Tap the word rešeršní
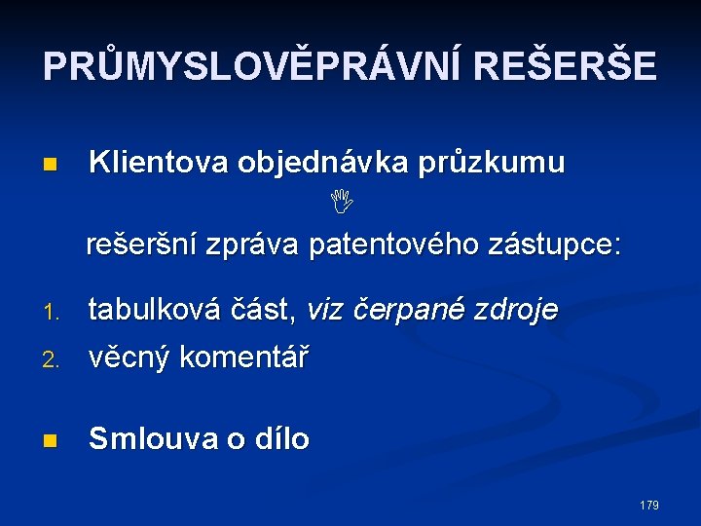(x=144, y=244)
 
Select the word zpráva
(x=255, y=244)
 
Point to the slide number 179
(x=649, y=505)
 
